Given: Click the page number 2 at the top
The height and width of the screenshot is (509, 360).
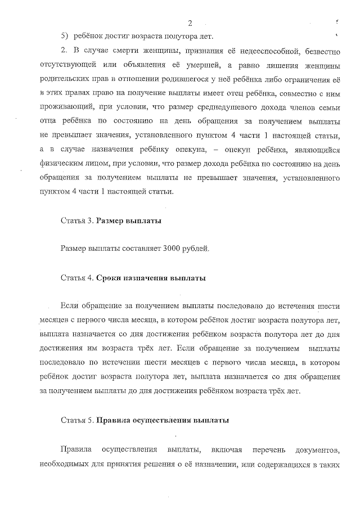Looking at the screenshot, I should tap(190, 23).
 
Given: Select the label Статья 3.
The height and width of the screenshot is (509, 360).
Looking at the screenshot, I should tap(77, 220).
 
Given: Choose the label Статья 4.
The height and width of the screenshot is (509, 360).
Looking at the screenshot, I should tap(77, 278).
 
